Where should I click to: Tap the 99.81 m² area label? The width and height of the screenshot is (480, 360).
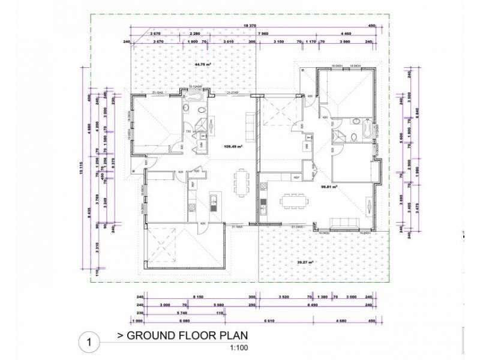point(328,187)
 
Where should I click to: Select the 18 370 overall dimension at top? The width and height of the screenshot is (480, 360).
point(250,26)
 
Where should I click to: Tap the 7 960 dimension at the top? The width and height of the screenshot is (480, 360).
point(263,34)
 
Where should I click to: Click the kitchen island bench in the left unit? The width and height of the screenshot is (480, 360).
point(213,203)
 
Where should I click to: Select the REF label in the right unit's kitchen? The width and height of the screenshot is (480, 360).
point(296,178)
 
